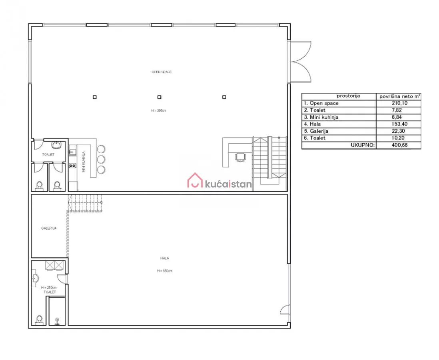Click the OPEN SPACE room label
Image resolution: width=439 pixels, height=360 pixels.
point(162,72)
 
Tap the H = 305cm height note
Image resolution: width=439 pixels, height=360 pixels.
point(159,111)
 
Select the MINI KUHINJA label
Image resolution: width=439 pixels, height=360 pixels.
point(84,162)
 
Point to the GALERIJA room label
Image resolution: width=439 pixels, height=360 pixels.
point(49,228)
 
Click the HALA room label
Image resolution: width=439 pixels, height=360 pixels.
point(165,258)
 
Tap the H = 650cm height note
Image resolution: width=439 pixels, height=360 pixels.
point(165,271)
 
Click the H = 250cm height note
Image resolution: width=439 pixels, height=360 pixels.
point(49,288)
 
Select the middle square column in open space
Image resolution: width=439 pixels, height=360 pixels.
point(159,97)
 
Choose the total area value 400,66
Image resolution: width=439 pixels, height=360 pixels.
point(399,145)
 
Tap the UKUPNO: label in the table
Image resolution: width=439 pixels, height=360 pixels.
point(363,145)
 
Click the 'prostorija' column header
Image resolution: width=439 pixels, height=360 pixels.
point(348,96)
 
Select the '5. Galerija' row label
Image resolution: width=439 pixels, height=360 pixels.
point(316,131)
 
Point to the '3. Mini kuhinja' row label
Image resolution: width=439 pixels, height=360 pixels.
point(321,117)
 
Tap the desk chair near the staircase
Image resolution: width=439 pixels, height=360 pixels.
point(240,157)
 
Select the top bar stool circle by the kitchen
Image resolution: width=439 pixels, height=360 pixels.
point(101,149)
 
